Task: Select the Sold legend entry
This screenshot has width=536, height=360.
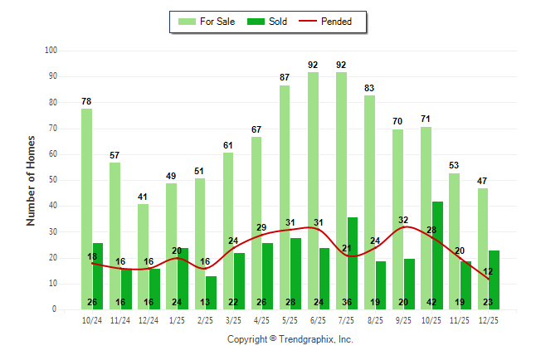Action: coord(268,22)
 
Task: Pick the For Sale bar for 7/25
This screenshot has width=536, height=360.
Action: coord(341,191)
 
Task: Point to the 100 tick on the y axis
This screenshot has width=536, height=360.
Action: coord(51,51)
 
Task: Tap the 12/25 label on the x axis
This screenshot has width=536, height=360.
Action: coord(488,319)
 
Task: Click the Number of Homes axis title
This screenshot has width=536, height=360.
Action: coord(31,180)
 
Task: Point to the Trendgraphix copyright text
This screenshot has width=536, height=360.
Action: coord(290,339)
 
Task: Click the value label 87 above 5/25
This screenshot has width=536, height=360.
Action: coord(285,77)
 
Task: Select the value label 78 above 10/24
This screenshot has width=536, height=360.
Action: coord(86,101)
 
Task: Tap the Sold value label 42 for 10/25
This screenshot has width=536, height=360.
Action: coord(437,303)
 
